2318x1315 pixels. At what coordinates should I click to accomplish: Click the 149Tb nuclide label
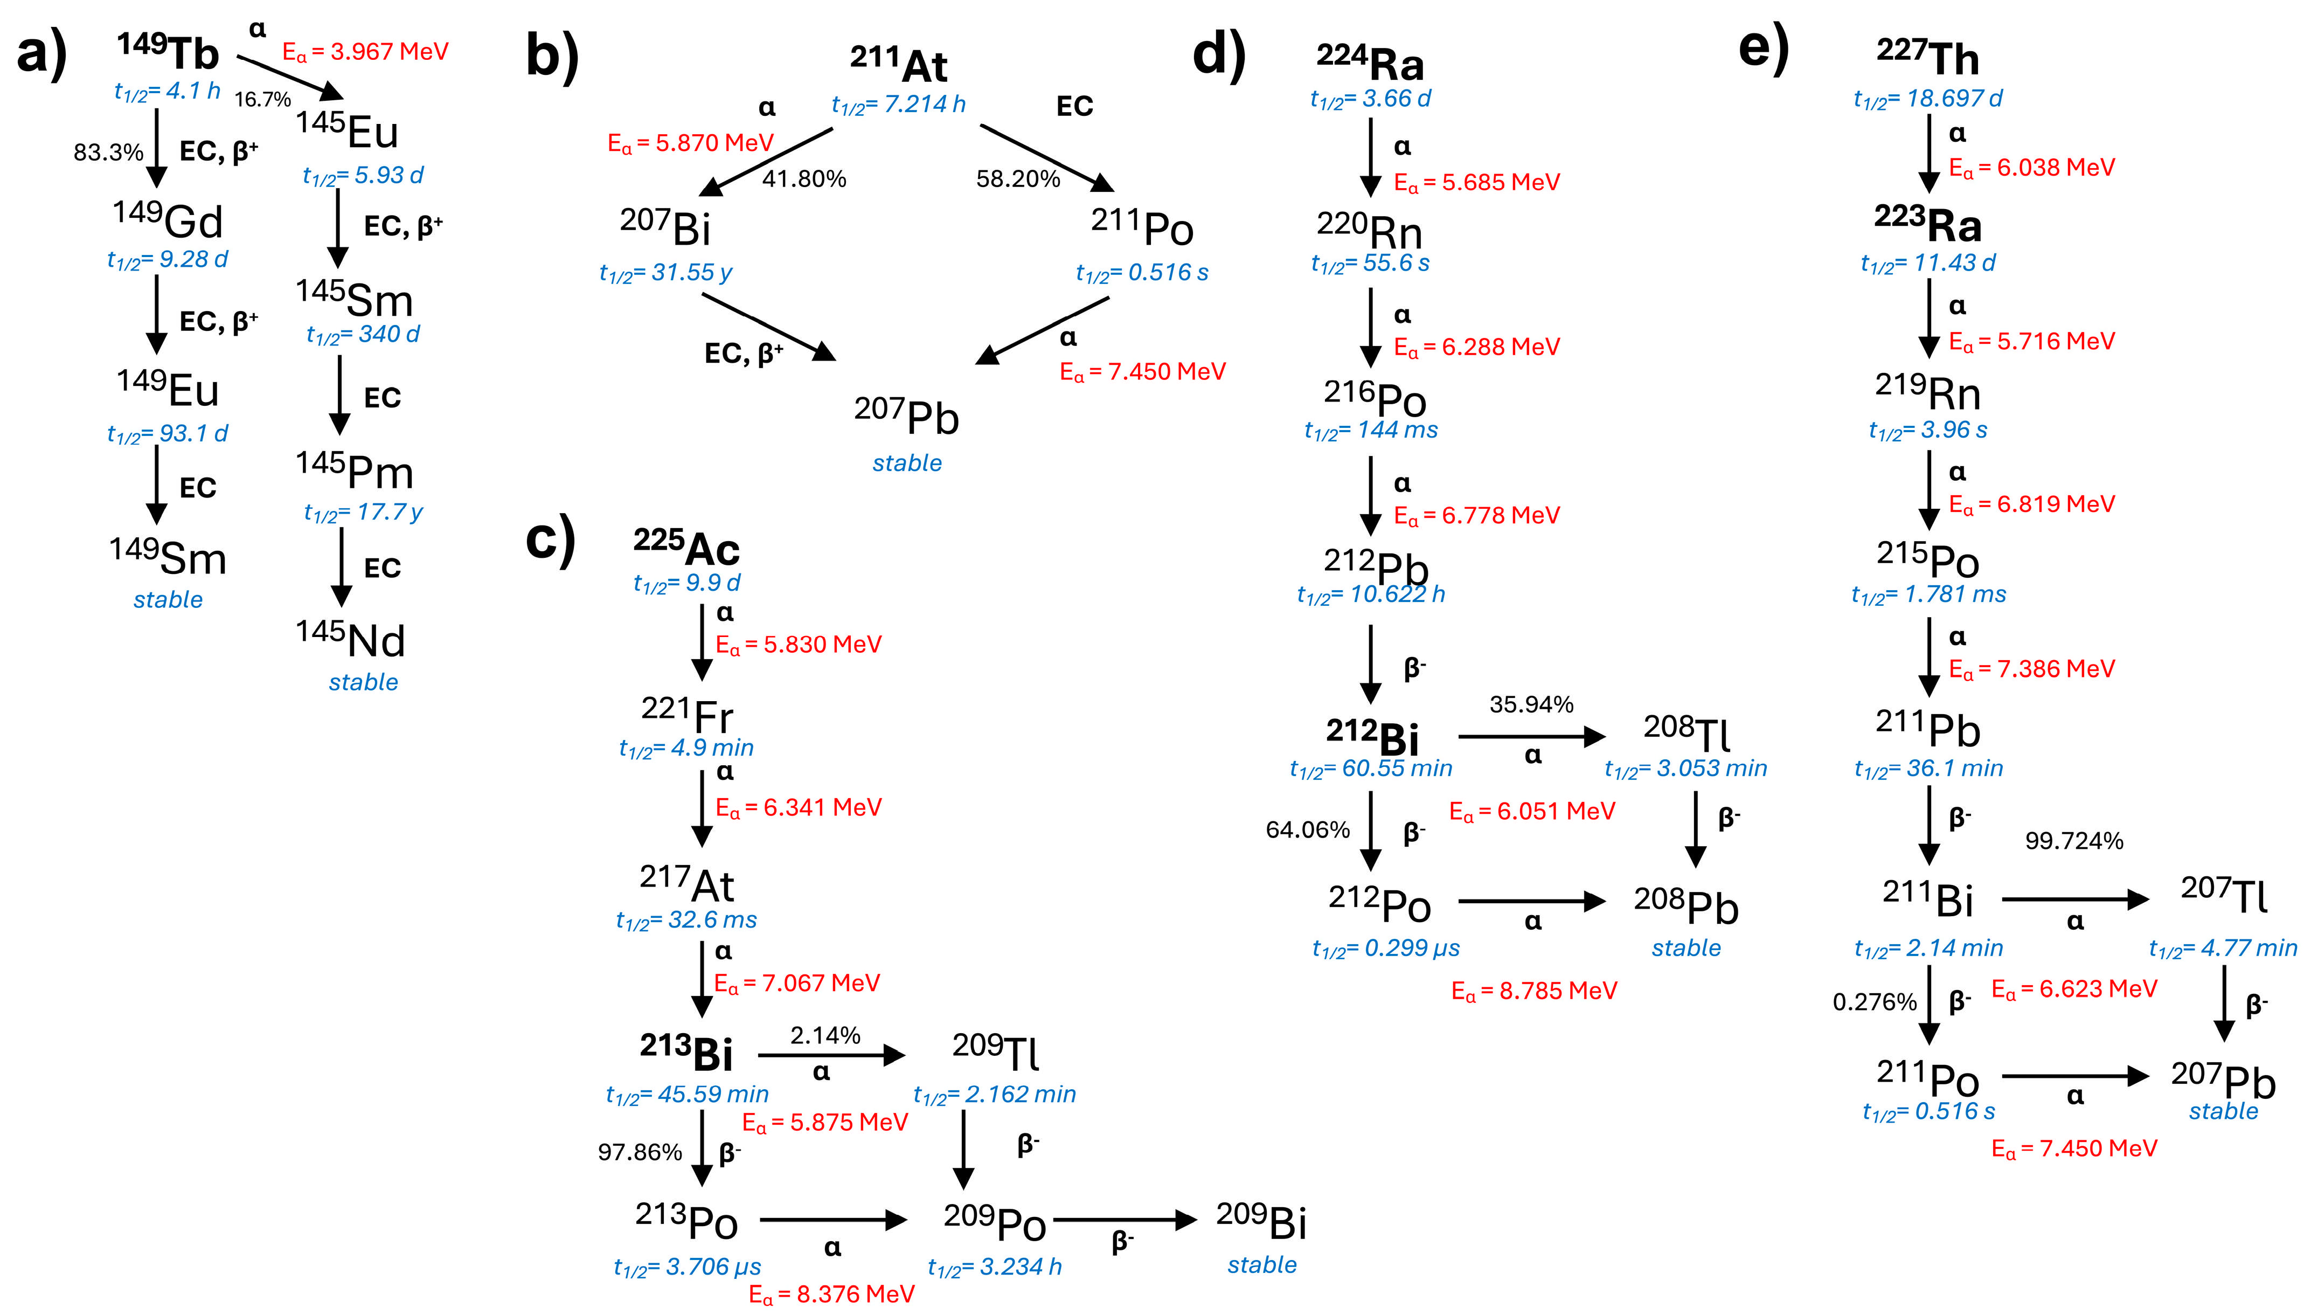click(168, 52)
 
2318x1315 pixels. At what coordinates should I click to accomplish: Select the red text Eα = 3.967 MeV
click(365, 52)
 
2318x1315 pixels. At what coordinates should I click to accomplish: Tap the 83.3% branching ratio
click(108, 152)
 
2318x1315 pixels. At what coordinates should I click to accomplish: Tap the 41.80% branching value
click(804, 179)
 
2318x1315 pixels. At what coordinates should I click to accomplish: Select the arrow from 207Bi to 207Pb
click(768, 327)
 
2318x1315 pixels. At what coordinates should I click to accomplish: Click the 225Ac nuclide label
click(686, 546)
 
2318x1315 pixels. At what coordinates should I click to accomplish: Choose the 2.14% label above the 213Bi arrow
click(825, 1035)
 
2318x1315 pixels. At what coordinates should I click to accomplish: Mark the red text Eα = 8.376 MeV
click(831, 1294)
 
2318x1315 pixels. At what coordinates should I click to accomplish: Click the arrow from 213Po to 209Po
click(832, 1220)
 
